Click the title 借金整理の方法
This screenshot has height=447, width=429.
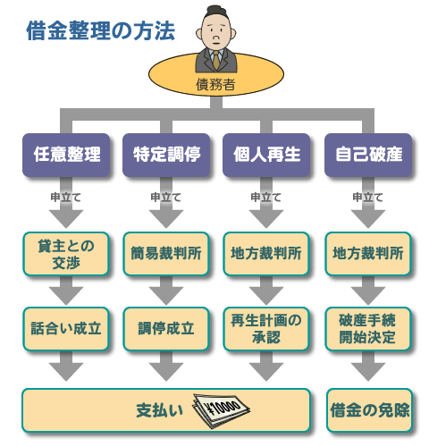[x=100, y=30]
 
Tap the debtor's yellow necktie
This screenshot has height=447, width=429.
[x=216, y=60]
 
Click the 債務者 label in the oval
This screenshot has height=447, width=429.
[x=215, y=84]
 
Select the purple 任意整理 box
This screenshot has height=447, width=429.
[x=66, y=155]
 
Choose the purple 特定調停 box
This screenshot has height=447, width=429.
[x=166, y=155]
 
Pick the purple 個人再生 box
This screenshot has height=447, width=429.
[x=266, y=155]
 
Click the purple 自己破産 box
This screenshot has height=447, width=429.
[x=368, y=155]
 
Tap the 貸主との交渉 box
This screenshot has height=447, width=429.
[x=66, y=254]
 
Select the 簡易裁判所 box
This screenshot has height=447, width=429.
[x=166, y=254]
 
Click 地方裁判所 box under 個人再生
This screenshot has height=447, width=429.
[x=266, y=254]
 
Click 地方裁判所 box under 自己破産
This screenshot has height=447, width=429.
[x=368, y=254]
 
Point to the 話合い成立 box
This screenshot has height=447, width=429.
[x=66, y=329]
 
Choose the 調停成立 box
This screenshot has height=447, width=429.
[x=166, y=329]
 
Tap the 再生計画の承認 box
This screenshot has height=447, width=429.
[x=266, y=329]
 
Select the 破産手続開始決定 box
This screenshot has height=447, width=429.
[x=368, y=329]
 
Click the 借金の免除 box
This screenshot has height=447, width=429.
[x=369, y=410]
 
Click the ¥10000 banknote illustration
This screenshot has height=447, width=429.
[x=222, y=410]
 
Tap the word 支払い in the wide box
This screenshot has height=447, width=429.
[x=159, y=410]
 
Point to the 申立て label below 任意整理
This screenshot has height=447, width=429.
[x=66, y=197]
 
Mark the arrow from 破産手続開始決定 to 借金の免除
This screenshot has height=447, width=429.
[x=368, y=366]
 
